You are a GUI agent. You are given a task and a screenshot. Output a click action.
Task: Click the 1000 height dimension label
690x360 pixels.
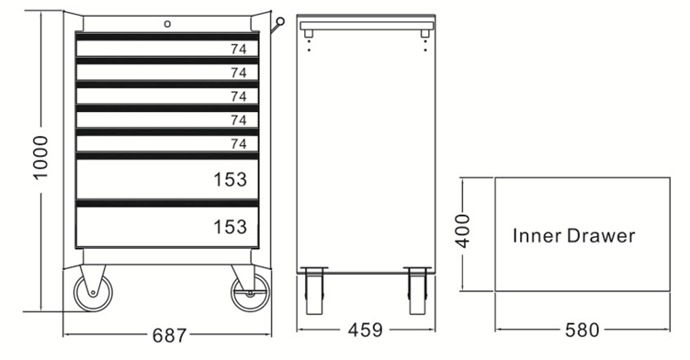pyautogui.click(x=40, y=158)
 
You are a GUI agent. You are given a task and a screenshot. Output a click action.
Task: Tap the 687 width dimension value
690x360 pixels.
pyautogui.click(x=169, y=336)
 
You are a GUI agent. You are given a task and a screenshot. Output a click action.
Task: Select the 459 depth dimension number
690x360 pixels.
pyautogui.click(x=366, y=330)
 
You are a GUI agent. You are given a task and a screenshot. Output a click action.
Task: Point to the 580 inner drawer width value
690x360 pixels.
pyautogui.click(x=583, y=330)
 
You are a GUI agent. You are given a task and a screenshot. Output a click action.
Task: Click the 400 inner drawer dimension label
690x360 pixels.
pyautogui.click(x=464, y=231)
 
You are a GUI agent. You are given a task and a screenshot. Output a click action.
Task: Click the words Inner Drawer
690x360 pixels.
pyautogui.click(x=574, y=235)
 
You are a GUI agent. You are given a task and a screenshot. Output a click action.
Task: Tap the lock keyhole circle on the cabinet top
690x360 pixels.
pyautogui.click(x=167, y=24)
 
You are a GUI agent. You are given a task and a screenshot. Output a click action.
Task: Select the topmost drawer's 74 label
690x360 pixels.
pyautogui.click(x=239, y=50)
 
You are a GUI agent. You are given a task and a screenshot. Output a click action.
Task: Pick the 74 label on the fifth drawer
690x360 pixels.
pyautogui.click(x=239, y=143)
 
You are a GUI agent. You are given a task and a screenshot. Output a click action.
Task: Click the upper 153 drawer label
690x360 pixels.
pyautogui.click(x=230, y=180)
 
